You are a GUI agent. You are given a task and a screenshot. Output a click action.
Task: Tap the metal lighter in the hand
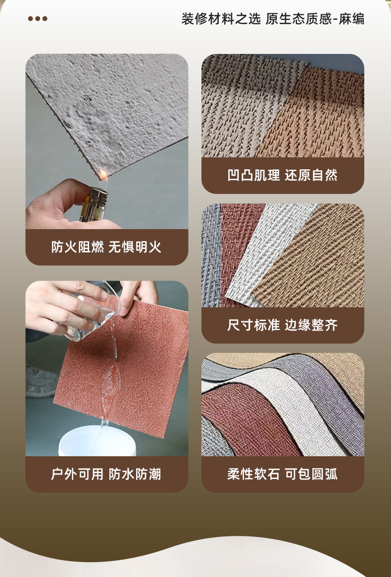95,204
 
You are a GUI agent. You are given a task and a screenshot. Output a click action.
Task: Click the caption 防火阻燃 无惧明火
106,247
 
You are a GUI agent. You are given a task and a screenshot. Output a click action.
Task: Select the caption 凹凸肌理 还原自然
283,175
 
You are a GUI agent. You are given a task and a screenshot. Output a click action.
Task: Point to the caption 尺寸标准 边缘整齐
283,325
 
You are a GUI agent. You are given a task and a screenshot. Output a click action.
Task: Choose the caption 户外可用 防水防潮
106,474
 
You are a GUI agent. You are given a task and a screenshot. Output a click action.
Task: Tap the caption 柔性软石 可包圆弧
283,474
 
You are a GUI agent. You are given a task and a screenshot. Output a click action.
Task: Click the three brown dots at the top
38,18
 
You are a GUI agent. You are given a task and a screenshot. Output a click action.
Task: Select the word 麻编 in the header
351,18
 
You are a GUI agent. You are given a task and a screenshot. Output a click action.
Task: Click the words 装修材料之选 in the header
221,18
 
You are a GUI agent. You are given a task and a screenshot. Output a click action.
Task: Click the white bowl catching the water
97,441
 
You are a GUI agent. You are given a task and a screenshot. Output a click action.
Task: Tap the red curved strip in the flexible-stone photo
250,420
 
